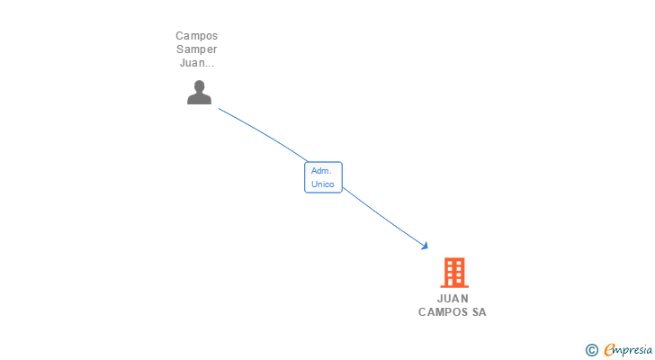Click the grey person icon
click(x=199, y=93)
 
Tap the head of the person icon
click(x=199, y=86)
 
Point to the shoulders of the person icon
click(x=199, y=99)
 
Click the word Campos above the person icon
click(x=196, y=36)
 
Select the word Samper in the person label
click(x=196, y=49)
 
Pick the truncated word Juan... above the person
click(x=196, y=63)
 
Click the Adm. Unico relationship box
click(x=323, y=177)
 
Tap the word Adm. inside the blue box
click(x=321, y=170)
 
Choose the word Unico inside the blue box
click(x=323, y=184)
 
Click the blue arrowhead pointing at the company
click(x=424, y=245)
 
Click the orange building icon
click(x=454, y=272)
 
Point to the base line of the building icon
click(x=454, y=286)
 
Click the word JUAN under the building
click(x=453, y=299)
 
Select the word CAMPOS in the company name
click(x=441, y=312)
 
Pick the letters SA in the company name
click(x=478, y=312)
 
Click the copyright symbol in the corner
click(x=591, y=349)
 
